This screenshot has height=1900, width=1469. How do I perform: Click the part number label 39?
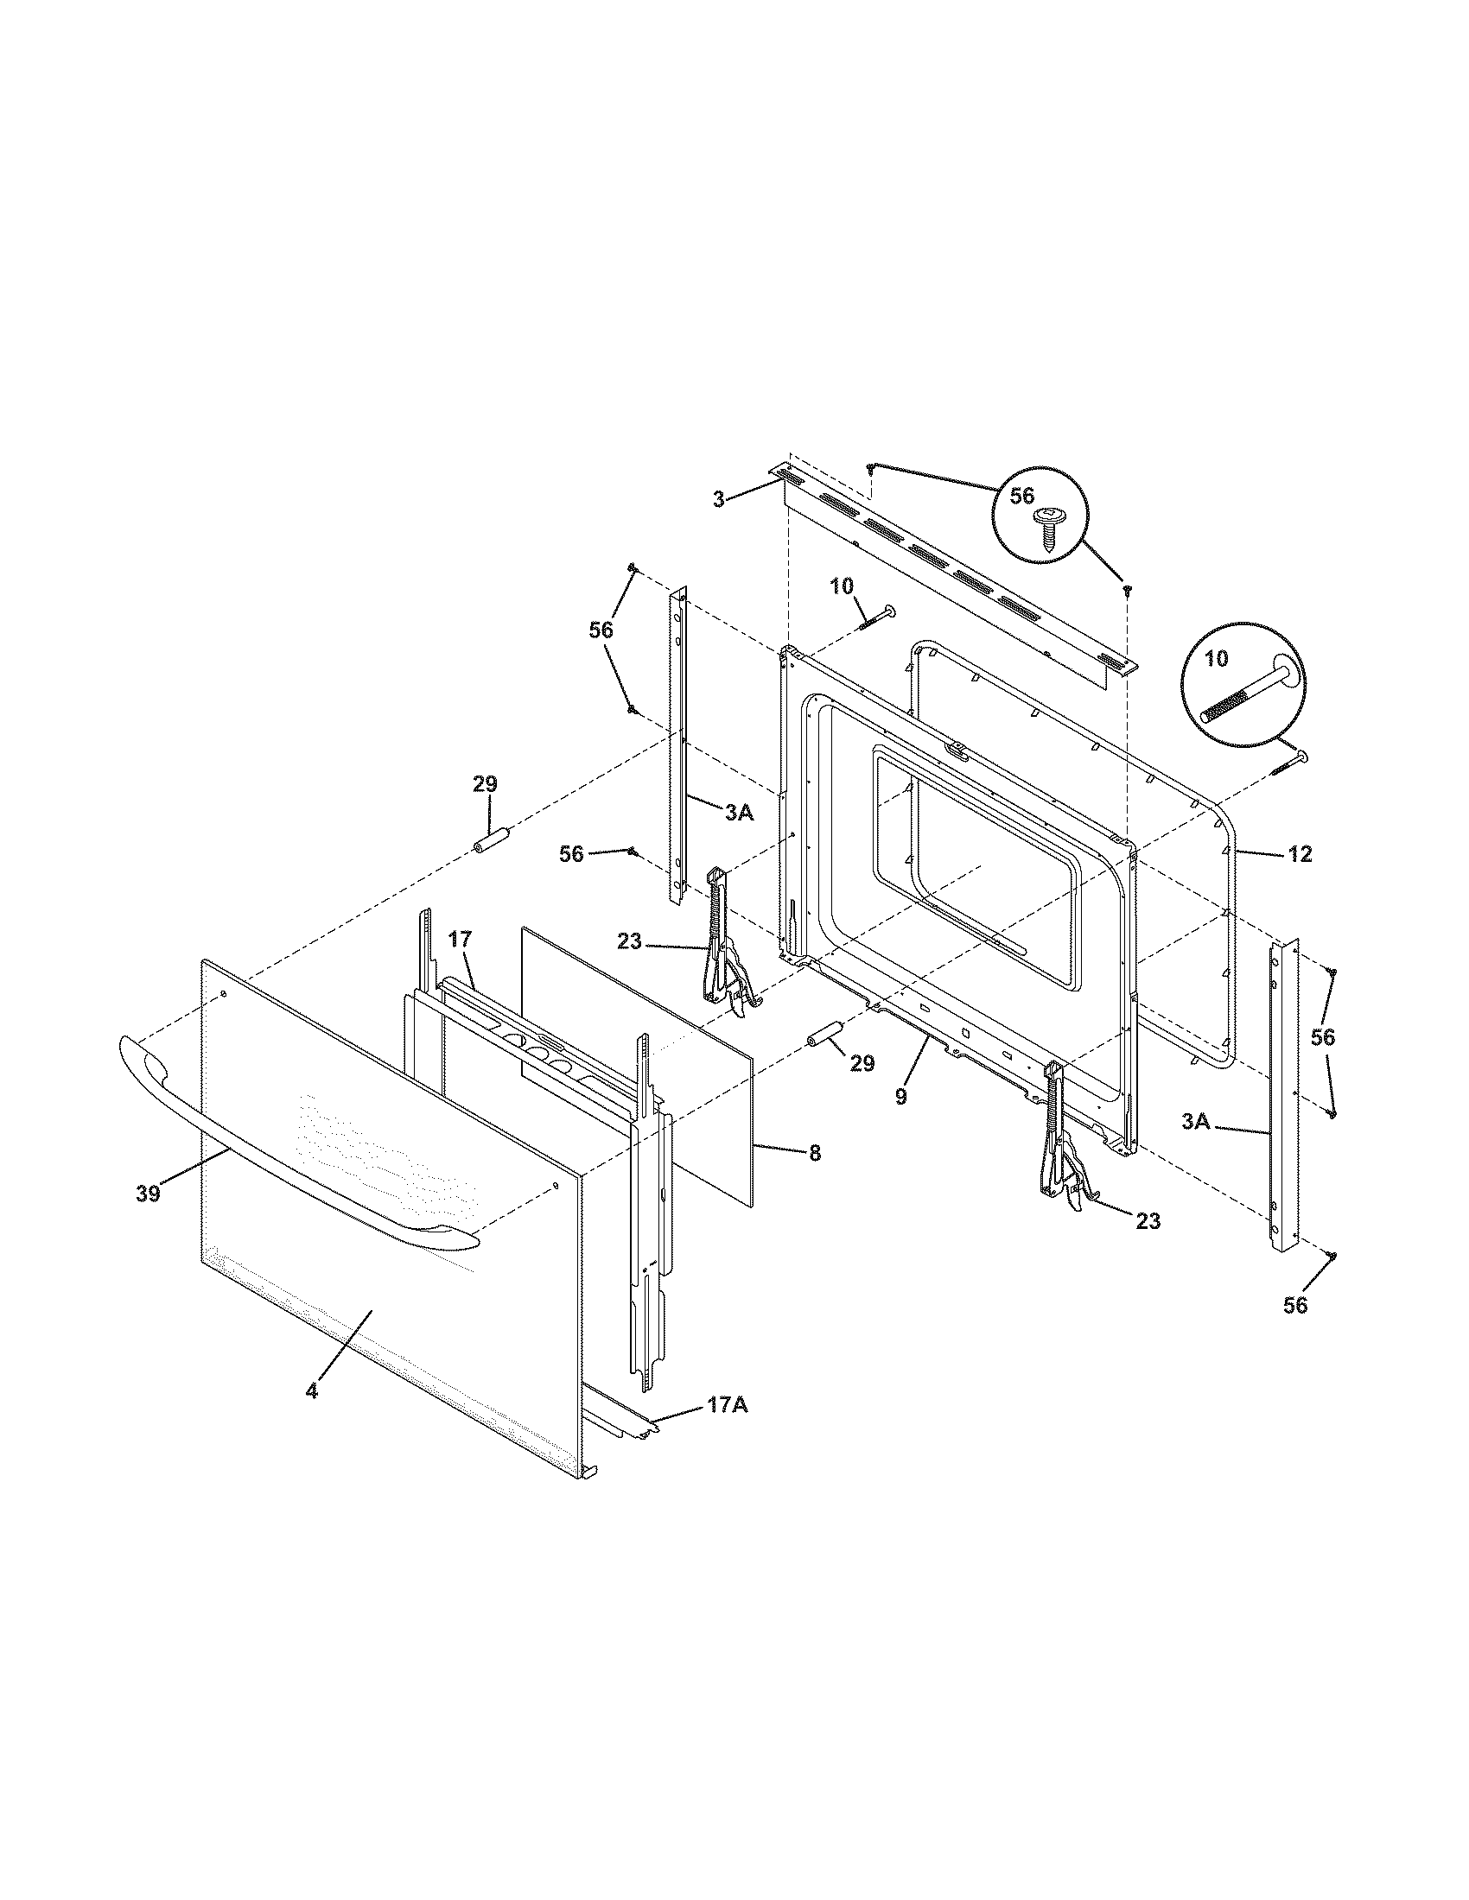148,1194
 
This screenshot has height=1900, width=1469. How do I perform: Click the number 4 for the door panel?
312,1415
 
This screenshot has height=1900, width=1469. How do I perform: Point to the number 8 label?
814,1153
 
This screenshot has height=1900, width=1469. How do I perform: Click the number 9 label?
900,1098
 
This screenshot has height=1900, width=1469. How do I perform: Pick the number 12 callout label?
1300,855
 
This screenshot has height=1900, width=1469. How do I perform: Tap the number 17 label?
461,939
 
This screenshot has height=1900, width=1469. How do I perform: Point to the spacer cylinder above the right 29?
825,1035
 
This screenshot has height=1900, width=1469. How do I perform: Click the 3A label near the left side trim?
738,813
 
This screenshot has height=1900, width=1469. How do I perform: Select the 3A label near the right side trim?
1196,1122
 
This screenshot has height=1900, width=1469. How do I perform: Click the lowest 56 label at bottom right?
1295,1305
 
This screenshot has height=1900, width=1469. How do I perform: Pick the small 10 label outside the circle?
842,586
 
